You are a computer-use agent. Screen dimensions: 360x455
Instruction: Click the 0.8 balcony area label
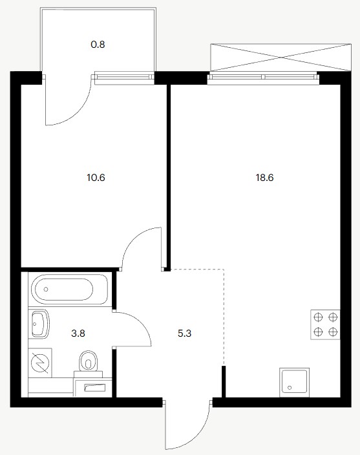pos(98,45)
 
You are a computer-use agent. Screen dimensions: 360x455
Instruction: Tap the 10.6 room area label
pos(96,177)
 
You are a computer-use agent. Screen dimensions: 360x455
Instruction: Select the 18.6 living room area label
pos(264,177)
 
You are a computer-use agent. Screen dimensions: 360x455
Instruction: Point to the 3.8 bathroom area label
pos(78,333)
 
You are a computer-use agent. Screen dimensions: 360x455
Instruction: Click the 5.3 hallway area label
pos(184,333)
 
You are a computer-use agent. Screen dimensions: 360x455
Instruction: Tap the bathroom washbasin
pos(39,324)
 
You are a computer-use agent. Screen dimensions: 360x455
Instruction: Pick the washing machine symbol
pos(40,363)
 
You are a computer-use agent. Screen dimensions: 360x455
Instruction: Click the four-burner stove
pos(325,324)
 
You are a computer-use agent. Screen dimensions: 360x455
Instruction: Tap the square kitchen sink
pos(294,382)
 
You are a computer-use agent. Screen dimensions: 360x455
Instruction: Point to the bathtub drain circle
pos(46,290)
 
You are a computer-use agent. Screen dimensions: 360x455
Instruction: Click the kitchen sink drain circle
pos(289,387)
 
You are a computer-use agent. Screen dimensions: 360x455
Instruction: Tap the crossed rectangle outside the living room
pos(281,58)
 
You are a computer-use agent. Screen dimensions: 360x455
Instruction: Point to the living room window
pos(263,77)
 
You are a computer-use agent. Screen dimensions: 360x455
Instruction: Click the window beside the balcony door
pos(124,77)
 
